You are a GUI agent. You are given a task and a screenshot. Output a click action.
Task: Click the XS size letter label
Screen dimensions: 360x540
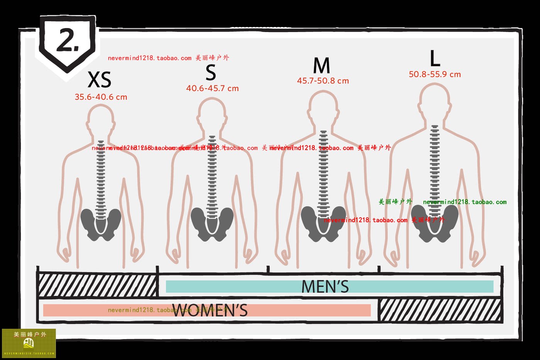click(x=100, y=80)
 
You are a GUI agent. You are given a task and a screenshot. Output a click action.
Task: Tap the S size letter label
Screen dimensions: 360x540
click(x=211, y=72)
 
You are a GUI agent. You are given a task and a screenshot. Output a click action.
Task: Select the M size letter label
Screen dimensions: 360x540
click(x=322, y=66)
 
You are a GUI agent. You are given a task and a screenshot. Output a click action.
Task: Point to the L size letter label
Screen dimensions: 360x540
click(x=435, y=59)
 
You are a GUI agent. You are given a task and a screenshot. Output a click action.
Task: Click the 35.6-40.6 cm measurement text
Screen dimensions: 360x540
click(x=101, y=97)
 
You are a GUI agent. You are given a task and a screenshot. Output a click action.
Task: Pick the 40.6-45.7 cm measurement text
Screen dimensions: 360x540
click(x=213, y=88)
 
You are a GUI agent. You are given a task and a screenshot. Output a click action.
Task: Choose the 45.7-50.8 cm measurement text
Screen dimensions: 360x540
click(x=323, y=81)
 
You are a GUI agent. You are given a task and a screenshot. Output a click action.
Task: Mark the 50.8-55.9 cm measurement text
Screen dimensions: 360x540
click(x=435, y=74)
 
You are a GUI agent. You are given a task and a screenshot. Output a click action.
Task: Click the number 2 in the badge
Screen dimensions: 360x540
click(x=67, y=40)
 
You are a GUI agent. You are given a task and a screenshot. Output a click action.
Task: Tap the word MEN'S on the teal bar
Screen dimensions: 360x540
click(x=325, y=287)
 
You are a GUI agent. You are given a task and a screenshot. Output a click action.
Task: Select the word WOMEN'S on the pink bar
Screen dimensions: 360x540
click(x=210, y=310)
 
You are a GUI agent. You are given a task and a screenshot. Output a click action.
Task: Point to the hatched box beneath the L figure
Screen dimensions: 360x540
click(x=440, y=310)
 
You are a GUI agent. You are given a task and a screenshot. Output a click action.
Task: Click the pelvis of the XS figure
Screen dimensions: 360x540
click(x=101, y=224)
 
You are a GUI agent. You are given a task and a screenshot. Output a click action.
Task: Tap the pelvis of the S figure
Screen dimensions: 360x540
click(x=212, y=223)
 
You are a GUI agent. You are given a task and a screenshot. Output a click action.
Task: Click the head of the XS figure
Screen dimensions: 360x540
click(x=101, y=119)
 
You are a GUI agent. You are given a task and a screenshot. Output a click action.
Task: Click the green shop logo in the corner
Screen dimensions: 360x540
click(x=29, y=343)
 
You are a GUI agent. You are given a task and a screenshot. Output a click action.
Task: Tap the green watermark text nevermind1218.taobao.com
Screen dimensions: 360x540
click(x=464, y=202)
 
